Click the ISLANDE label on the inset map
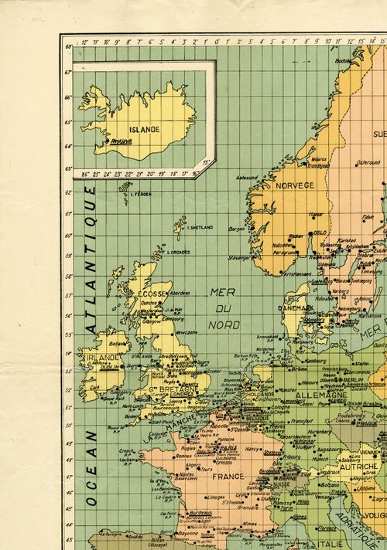(x=144, y=129)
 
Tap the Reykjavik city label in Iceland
(x=122, y=141)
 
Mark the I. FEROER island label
(x=140, y=194)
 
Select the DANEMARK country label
(x=296, y=307)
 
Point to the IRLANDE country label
(x=106, y=358)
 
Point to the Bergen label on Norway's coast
(x=237, y=229)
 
